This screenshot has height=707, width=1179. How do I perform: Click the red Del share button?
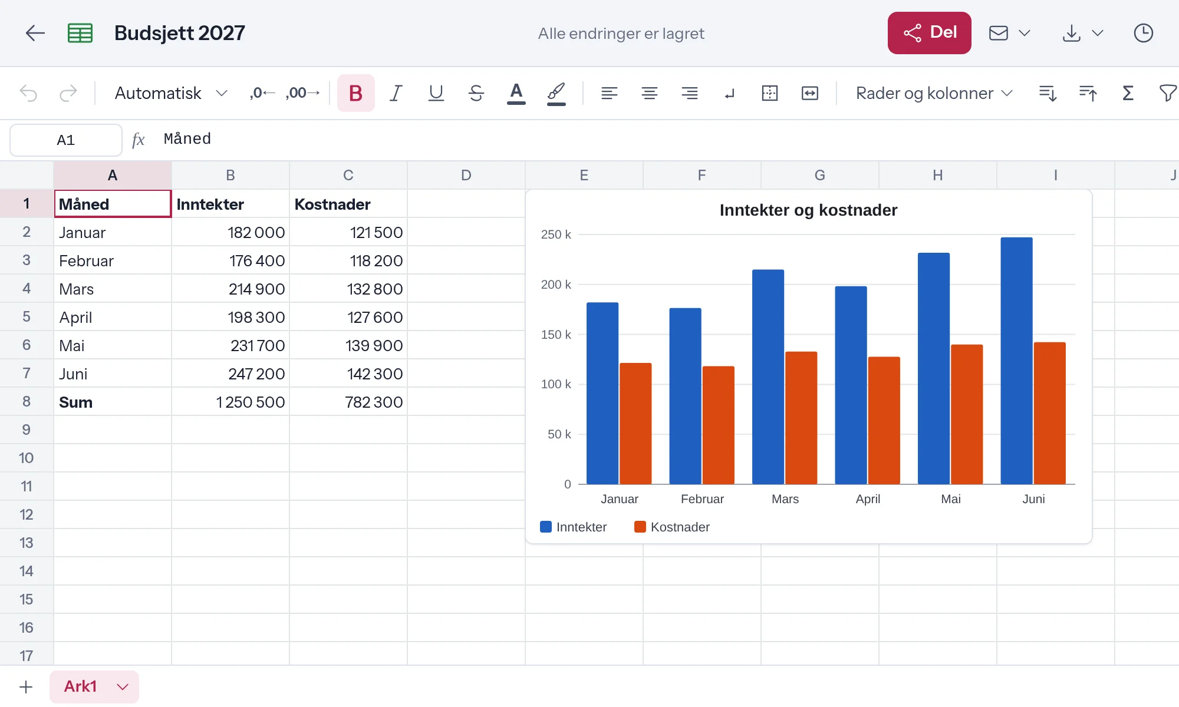point(929,33)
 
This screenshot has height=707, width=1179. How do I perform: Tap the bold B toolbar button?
point(355,93)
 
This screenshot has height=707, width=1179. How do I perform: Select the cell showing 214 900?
point(230,289)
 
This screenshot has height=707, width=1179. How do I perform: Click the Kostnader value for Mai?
point(348,345)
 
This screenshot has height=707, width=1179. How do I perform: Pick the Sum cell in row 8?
point(113,402)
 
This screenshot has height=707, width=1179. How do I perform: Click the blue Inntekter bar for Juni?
point(1016,361)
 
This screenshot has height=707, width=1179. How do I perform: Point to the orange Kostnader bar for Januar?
point(635,424)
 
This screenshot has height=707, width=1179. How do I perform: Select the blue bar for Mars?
point(768,377)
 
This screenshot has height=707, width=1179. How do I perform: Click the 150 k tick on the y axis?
point(556,335)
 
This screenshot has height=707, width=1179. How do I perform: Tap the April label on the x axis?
point(868,499)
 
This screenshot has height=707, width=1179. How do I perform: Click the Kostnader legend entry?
point(672,527)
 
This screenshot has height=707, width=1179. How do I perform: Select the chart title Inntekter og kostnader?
point(808,210)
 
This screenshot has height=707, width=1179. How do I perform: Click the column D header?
point(466,175)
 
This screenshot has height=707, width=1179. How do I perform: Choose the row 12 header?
point(27,514)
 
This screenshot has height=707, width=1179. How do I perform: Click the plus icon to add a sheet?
point(26,687)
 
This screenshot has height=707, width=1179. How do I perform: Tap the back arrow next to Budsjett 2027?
point(35,33)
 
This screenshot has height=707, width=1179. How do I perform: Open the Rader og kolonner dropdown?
point(934,93)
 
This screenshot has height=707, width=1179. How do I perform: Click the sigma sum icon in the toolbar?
point(1128,93)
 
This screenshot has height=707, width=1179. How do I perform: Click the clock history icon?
point(1144,33)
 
